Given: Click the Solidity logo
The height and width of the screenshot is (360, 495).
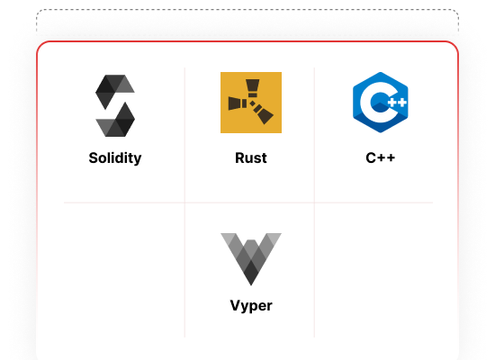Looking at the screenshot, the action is pyautogui.click(x=115, y=105).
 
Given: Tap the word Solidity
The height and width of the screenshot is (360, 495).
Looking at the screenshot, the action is pyautogui.click(x=115, y=157).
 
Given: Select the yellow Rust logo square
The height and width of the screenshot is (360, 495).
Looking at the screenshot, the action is pyautogui.click(x=251, y=103).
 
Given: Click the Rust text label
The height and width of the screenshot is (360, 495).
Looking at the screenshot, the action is pyautogui.click(x=251, y=157).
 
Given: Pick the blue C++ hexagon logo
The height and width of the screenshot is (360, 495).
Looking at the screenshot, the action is pyautogui.click(x=381, y=103).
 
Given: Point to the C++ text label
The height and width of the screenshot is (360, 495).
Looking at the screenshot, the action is pyautogui.click(x=381, y=157).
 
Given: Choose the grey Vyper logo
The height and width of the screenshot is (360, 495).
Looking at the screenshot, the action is pyautogui.click(x=251, y=259).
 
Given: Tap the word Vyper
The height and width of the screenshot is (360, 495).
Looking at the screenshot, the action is pyautogui.click(x=251, y=306).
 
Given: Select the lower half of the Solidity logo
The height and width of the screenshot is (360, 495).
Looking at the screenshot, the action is pyautogui.click(x=115, y=120).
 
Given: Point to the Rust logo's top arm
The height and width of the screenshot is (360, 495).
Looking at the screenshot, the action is pyautogui.click(x=253, y=87).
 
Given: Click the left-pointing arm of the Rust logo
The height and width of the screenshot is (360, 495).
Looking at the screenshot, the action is pyautogui.click(x=237, y=103).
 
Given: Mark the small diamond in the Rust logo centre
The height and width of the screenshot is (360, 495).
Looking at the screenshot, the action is pyautogui.click(x=252, y=103).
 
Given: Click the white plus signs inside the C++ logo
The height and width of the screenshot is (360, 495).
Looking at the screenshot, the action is pyautogui.click(x=397, y=103).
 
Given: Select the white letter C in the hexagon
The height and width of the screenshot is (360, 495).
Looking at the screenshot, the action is pyautogui.click(x=373, y=103).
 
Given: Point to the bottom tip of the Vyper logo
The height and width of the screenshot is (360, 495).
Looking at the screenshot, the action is pyautogui.click(x=251, y=285).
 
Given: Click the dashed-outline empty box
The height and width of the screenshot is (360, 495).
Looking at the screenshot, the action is pyautogui.click(x=247, y=21).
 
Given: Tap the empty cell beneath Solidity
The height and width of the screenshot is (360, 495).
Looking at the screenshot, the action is pyautogui.click(x=124, y=270).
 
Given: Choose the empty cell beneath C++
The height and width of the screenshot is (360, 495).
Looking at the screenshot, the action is pyautogui.click(x=373, y=270).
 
